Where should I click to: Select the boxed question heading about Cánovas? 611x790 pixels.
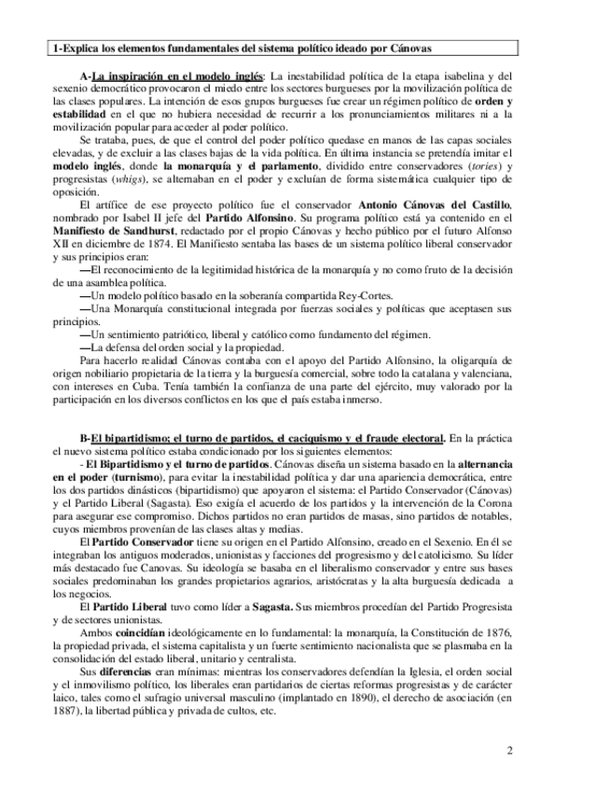pyautogui.click(x=243, y=47)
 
